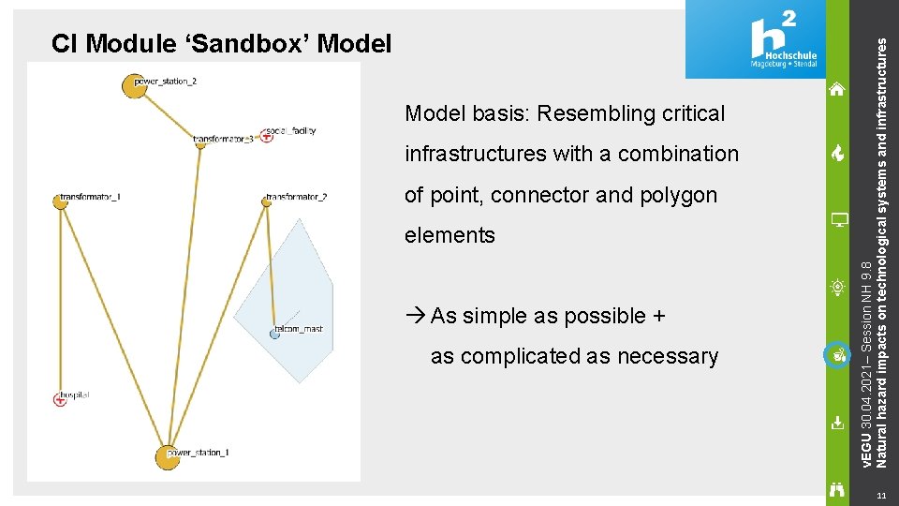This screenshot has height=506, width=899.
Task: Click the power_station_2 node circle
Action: pyautogui.click(x=134, y=85)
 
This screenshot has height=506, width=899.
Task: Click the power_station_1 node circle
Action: pyautogui.click(x=167, y=456)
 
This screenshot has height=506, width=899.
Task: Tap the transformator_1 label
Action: pyautogui.click(x=91, y=198)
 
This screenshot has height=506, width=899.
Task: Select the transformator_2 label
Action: pyautogui.click(x=297, y=198)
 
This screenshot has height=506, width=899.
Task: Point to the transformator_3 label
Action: pyautogui.click(x=223, y=140)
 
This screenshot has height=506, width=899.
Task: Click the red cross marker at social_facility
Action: pyautogui.click(x=267, y=136)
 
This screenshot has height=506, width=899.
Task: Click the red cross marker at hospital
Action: pyautogui.click(x=60, y=399)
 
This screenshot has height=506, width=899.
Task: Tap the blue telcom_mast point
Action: pyautogui.click(x=275, y=334)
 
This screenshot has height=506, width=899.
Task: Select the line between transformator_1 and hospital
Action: pyautogui.click(x=59, y=300)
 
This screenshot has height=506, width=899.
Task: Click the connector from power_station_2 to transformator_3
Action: pyautogui.click(x=169, y=114)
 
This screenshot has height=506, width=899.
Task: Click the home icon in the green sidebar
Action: pyautogui.click(x=837, y=89)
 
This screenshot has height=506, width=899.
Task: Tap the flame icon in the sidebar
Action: pyautogui.click(x=837, y=154)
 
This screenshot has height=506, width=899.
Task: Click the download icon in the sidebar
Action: pyautogui.click(x=838, y=423)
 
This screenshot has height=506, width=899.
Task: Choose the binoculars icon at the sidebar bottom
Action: pyautogui.click(x=838, y=487)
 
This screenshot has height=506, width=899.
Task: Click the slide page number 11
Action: pyautogui.click(x=879, y=495)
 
